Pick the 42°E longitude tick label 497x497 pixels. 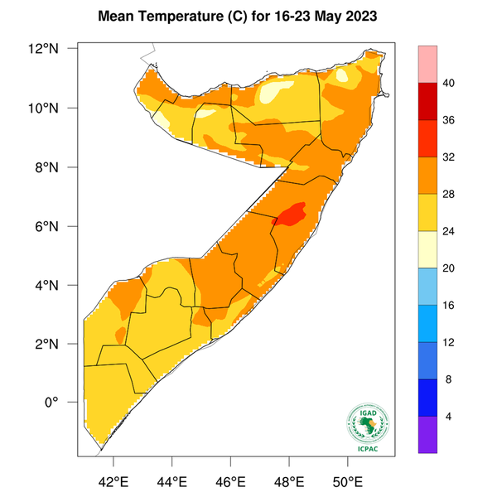113,480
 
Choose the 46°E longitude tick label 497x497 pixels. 230,480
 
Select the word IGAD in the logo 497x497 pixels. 369,412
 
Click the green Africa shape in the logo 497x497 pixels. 367,426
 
